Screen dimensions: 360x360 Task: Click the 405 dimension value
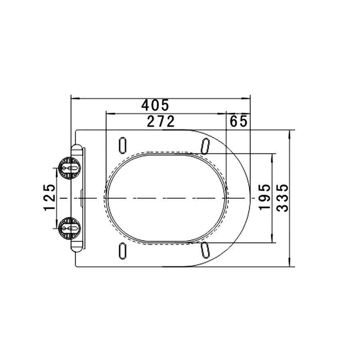click(x=155, y=105)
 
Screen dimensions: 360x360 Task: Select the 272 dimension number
click(x=161, y=122)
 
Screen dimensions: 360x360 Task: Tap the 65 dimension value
click(x=238, y=121)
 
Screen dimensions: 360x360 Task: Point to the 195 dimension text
click(x=264, y=197)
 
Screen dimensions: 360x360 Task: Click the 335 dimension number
click(x=282, y=198)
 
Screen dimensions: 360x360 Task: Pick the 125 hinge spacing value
click(x=49, y=198)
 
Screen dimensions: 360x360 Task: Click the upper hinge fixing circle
click(x=69, y=168)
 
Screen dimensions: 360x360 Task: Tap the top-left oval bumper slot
click(x=123, y=145)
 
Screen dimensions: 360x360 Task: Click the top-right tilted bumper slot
click(x=205, y=146)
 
